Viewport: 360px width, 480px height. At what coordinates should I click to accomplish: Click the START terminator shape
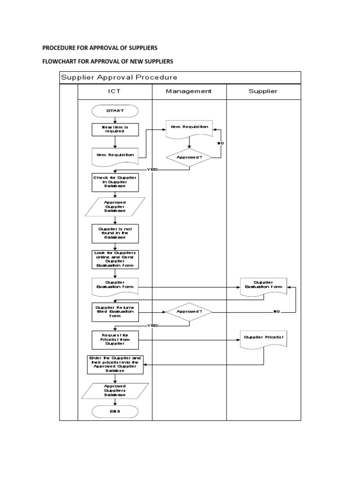tap(115, 111)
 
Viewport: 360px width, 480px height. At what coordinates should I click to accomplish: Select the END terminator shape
tap(115, 411)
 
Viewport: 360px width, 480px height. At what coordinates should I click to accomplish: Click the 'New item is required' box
tap(115, 129)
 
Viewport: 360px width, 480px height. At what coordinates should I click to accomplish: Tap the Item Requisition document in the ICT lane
tap(115, 155)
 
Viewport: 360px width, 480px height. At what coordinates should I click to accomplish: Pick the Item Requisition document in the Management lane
tap(189, 127)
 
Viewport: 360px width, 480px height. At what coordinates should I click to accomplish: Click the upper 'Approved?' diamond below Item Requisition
tap(189, 157)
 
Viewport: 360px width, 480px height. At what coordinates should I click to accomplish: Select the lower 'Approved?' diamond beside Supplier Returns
tap(189, 311)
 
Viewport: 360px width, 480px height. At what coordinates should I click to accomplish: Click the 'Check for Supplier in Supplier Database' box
tap(115, 182)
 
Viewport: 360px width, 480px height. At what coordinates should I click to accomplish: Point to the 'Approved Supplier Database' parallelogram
tap(115, 207)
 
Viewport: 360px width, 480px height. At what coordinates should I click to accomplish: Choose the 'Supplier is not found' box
tap(115, 233)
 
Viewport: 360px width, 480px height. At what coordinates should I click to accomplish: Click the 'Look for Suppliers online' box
tap(115, 259)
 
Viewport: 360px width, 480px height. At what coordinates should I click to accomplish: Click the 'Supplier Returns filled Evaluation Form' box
tap(115, 312)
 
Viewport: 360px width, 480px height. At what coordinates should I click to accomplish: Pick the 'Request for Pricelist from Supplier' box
tap(115, 340)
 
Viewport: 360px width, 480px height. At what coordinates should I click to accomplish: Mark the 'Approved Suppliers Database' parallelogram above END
tap(115, 390)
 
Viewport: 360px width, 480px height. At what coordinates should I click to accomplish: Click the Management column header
tap(189, 91)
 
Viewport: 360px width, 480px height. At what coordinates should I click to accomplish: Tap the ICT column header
tap(115, 91)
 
